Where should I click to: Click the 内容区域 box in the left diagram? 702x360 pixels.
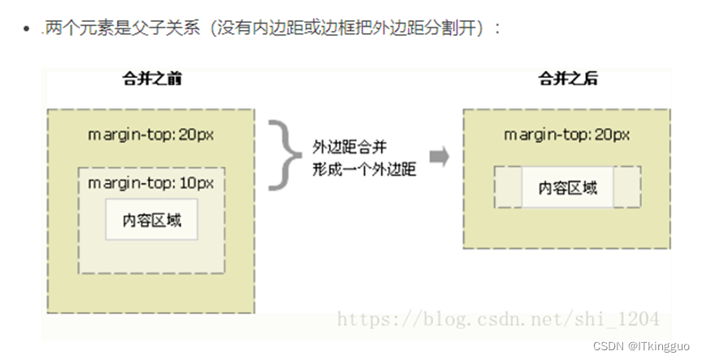[x=152, y=219]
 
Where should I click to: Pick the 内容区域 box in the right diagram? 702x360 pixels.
[x=568, y=188]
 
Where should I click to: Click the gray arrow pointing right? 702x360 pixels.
[x=440, y=156]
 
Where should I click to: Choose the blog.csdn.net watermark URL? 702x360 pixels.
[x=497, y=319]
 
